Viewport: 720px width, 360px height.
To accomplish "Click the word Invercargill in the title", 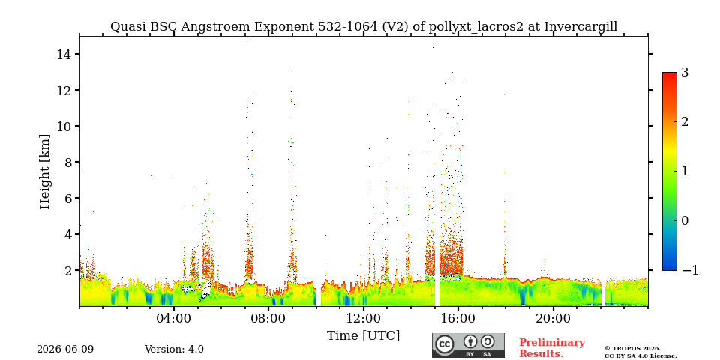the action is click(580, 27).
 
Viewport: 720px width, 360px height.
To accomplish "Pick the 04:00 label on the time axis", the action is click(175, 318).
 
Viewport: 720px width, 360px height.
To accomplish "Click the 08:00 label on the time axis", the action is click(269, 318).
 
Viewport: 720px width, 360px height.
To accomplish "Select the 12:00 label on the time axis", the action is click(364, 318).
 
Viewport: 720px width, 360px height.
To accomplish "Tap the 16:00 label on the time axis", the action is click(458, 318).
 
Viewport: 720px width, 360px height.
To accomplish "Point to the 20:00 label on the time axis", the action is click(553, 318).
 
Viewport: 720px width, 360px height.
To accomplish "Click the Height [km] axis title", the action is click(44, 172).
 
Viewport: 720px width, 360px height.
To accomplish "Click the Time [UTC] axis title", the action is click(363, 336).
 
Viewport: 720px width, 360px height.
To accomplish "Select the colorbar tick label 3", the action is click(685, 73).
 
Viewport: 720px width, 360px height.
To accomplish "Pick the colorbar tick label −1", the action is click(690, 270).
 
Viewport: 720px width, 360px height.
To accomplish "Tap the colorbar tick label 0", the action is click(685, 220).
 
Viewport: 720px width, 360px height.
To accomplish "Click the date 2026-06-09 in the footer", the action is click(65, 349).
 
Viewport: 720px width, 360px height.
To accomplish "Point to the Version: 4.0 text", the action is click(174, 349).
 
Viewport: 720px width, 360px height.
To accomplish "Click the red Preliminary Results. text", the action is click(552, 348).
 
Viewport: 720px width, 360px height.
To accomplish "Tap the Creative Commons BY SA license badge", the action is click(468, 345).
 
